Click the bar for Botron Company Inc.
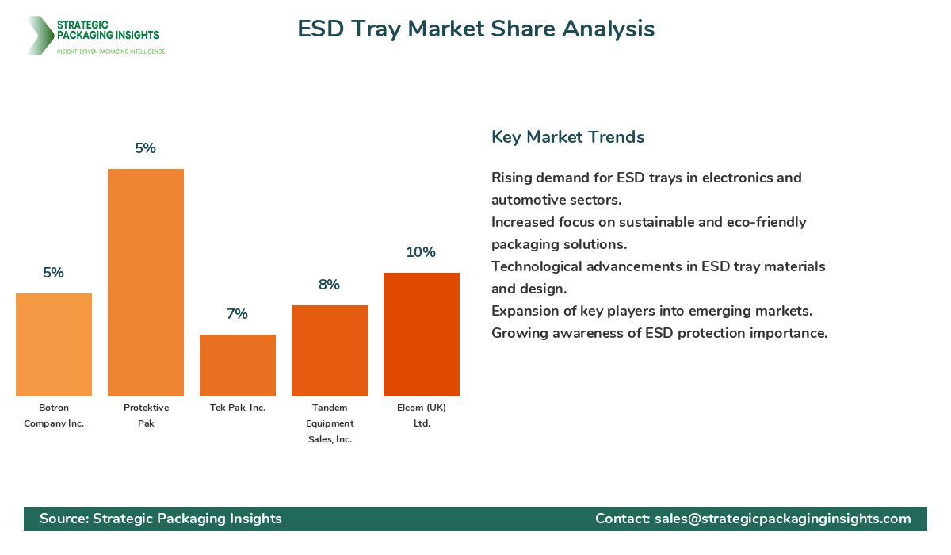coord(54,345)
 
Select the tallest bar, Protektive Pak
coord(146,282)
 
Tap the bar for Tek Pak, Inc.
coord(238,366)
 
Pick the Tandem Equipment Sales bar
coord(330,350)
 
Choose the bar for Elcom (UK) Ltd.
coord(422,335)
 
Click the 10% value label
coord(421,252)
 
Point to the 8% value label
coord(329,285)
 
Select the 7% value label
coord(237,314)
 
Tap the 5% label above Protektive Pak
coord(145,148)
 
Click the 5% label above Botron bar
coord(53,273)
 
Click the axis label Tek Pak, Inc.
coord(238,408)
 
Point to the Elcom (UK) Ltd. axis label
coord(422,415)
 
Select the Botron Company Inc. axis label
coord(54,415)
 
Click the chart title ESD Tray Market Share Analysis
coord(475,29)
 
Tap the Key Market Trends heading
coord(567,137)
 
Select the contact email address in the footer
coord(782,519)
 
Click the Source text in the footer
coord(161,519)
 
